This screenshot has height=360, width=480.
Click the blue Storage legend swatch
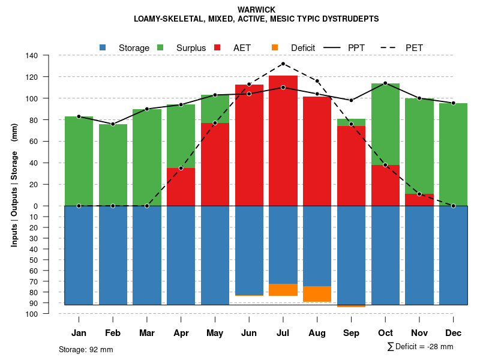coord(103,47)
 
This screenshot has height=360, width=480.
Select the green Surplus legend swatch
coord(160,47)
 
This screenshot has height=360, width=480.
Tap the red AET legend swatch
coord(217,47)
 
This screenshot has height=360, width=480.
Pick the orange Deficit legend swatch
coord(275,47)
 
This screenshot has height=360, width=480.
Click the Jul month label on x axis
coord(283,333)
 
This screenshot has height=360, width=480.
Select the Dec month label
coord(453,333)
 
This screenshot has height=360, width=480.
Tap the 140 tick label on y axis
coord(32,56)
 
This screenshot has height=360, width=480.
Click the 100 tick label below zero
coord(32,314)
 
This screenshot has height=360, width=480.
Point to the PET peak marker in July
coord(283,64)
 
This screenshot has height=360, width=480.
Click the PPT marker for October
coord(385,83)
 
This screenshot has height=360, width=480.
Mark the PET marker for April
coord(181,168)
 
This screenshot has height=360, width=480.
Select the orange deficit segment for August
coord(317,294)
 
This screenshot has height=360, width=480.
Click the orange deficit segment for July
coord(283,290)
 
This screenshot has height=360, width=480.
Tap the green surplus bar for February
coord(113,165)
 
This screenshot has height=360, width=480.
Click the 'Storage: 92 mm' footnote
coord(86,349)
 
